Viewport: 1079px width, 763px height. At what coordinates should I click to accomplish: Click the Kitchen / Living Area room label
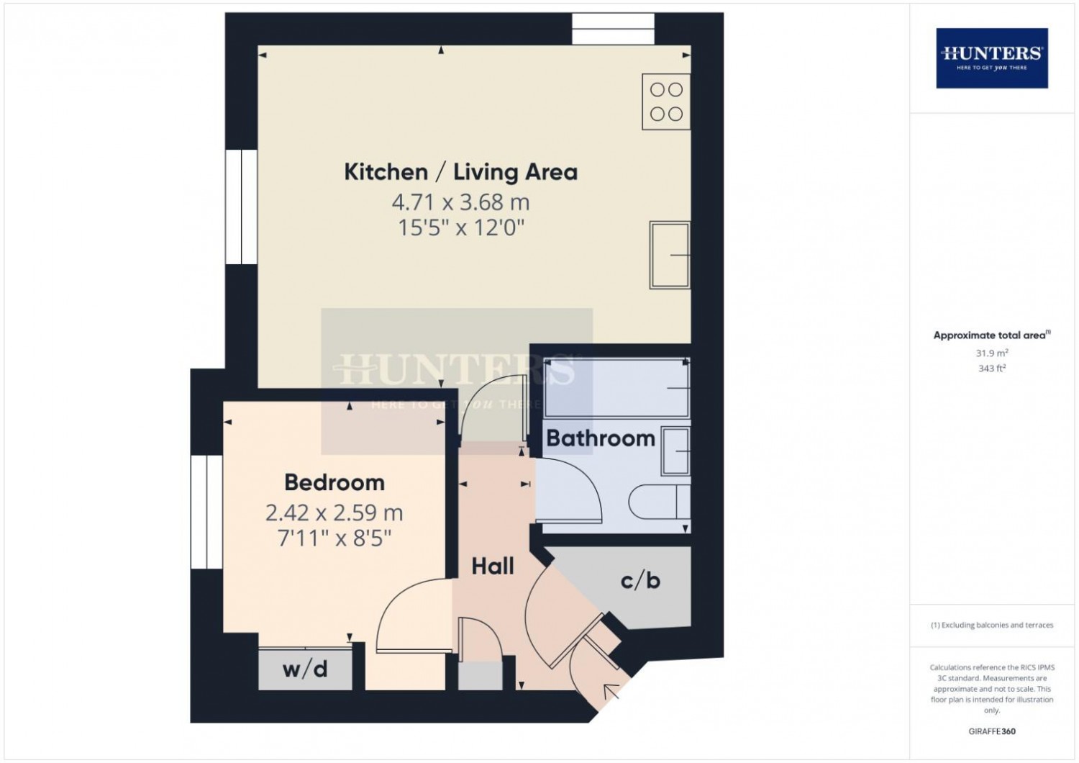(460, 172)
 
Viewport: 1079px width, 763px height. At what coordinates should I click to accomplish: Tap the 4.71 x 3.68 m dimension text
(460, 202)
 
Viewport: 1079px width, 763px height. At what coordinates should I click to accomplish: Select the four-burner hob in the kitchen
(666, 101)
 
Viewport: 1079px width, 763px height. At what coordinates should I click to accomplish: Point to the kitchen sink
(670, 255)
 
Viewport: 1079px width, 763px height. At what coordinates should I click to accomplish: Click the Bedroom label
(334, 482)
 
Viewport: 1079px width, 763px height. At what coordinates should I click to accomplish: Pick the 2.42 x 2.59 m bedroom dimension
(334, 513)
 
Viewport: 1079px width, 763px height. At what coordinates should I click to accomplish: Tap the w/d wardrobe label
(305, 669)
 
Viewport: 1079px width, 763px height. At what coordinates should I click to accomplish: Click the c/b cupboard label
(640, 581)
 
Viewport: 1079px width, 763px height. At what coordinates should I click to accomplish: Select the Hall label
(492, 566)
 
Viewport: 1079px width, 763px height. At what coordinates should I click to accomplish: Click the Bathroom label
(601, 438)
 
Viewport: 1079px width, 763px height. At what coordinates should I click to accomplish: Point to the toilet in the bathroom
(660, 502)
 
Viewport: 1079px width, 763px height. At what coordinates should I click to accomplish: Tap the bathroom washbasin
(676, 451)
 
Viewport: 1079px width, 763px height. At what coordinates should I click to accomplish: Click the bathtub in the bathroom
(616, 387)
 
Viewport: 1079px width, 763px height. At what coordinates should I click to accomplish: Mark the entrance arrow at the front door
(611, 692)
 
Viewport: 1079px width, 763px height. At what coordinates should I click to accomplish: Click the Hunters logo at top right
(992, 58)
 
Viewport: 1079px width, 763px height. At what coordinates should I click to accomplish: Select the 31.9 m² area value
(992, 353)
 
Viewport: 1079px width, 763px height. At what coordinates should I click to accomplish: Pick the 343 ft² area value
(992, 369)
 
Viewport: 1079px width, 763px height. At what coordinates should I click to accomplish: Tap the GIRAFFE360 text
(992, 731)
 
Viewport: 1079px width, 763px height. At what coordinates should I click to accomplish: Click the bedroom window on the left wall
(206, 512)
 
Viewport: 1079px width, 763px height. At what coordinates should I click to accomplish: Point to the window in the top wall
(613, 29)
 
